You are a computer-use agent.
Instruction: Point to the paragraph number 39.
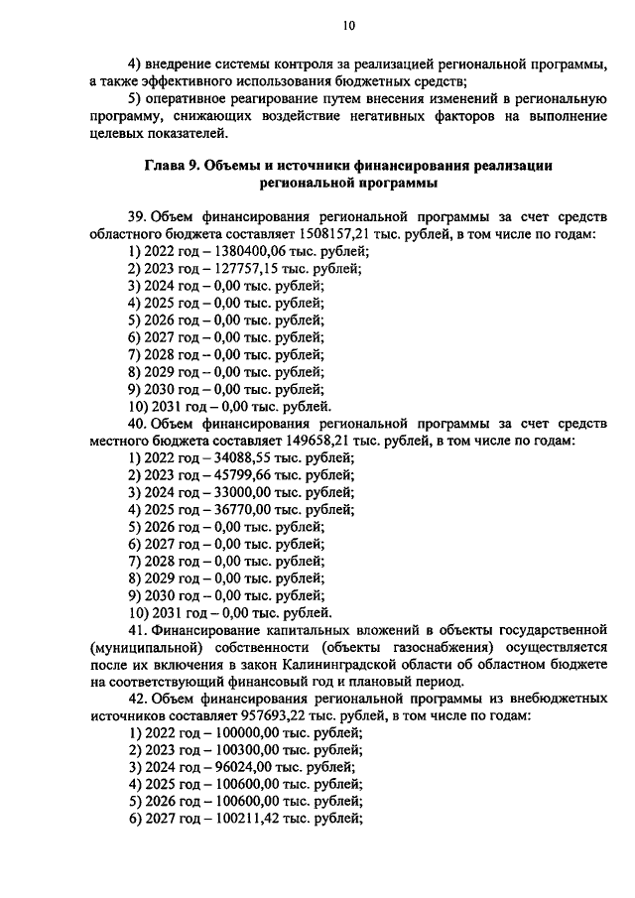(139, 216)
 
